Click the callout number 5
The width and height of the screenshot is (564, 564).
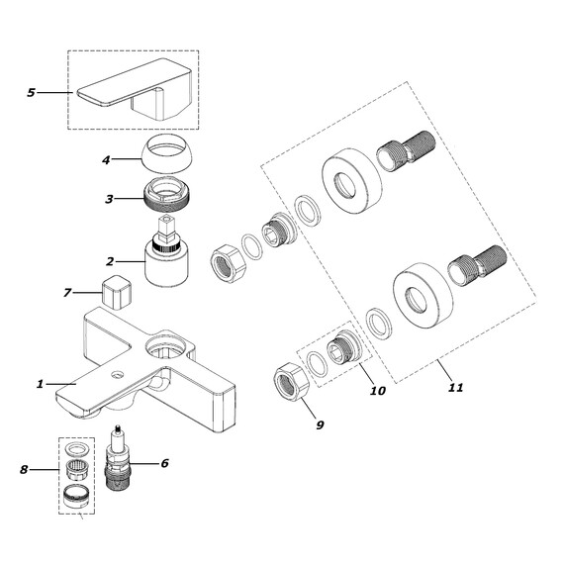[x=32, y=93]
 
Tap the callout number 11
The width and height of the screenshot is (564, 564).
[x=456, y=388]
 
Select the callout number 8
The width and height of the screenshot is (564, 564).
[x=24, y=469]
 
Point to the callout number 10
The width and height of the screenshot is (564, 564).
[x=378, y=390]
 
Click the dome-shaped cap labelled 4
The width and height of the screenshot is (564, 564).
[x=166, y=152]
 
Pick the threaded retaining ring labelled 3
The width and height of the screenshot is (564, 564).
[x=166, y=195]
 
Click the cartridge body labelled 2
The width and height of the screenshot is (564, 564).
[x=166, y=264]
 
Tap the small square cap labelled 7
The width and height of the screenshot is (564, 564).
[x=115, y=292]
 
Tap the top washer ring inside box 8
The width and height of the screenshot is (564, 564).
[x=77, y=448]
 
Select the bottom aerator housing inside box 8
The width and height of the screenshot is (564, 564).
[x=76, y=496]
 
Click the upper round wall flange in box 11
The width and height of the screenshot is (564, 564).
[x=352, y=180]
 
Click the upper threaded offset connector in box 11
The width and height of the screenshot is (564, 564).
[x=406, y=151]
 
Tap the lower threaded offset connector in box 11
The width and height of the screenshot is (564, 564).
[x=477, y=266]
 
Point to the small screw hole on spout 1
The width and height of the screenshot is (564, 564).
[x=116, y=375]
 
